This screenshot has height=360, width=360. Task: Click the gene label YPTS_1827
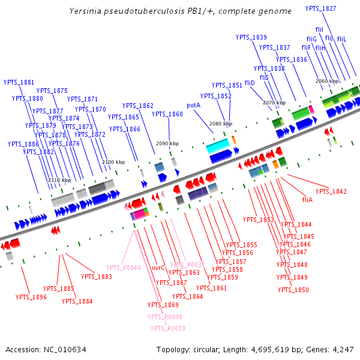pyautogui.click(x=321, y=8)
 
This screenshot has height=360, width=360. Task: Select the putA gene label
pyautogui.click(x=193, y=105)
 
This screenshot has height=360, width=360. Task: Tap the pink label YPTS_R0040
pyautogui.click(x=123, y=268)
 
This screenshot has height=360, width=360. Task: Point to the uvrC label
pyautogui.click(x=158, y=268)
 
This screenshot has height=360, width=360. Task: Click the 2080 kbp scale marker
pyautogui.click(x=220, y=124)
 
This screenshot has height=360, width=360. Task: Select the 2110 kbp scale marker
pyautogui.click(x=59, y=180)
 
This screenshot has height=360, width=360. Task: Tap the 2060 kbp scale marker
pyautogui.click(x=328, y=81)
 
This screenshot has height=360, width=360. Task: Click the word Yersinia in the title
pyautogui.click(x=86, y=11)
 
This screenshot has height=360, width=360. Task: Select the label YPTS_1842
pyautogui.click(x=331, y=191)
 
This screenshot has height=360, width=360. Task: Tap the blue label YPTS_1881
pyautogui.click(x=19, y=82)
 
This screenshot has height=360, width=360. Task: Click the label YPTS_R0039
pyautogui.click(x=167, y=328)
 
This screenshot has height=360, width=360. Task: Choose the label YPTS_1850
pyautogui.click(x=293, y=290)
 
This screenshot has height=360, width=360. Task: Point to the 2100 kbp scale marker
pyautogui.click(x=113, y=162)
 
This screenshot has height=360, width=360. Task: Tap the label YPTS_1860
pyautogui.click(x=167, y=114)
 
